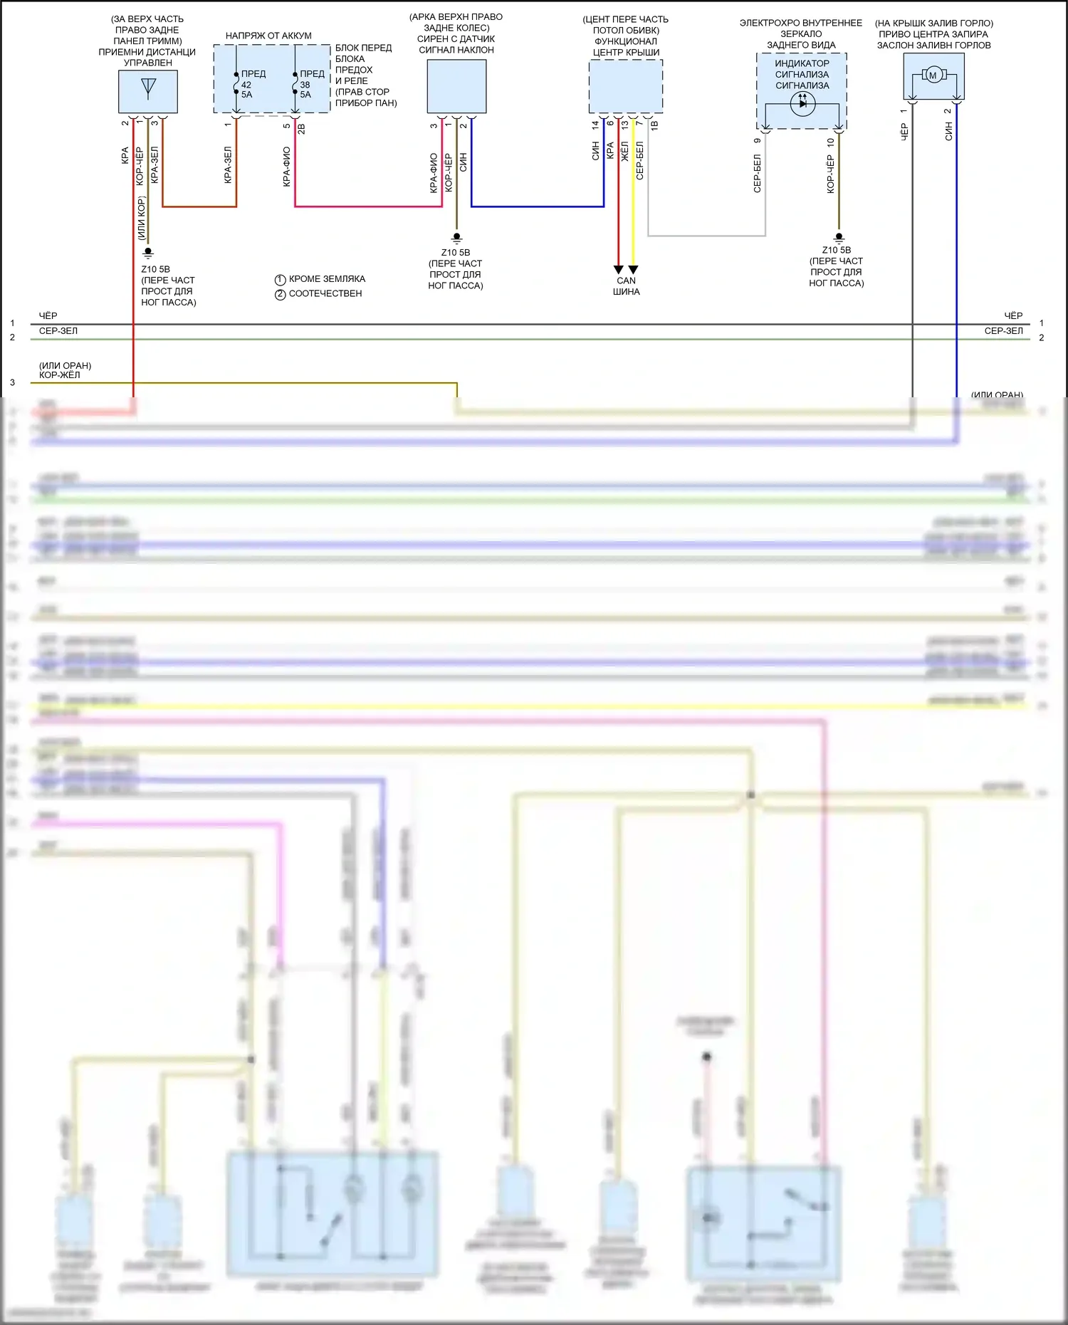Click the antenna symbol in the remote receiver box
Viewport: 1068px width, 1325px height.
coord(148,88)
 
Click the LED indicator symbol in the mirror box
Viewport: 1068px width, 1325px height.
coord(802,103)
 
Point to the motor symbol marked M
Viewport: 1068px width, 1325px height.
coord(933,75)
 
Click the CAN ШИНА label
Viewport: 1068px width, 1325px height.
coord(627,286)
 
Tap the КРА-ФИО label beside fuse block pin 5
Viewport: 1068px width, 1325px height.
coord(286,167)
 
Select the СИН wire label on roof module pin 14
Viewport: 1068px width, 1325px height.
coord(595,150)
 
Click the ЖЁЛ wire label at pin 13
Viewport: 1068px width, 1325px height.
coord(624,150)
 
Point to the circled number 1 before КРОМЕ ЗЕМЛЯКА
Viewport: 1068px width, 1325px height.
coord(281,280)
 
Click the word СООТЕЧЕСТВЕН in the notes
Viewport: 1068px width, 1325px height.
coord(325,293)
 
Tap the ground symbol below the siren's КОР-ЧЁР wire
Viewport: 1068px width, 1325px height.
coord(457,238)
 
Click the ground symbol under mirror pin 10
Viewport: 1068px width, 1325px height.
coord(839,237)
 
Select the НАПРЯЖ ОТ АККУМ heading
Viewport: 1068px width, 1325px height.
coord(268,36)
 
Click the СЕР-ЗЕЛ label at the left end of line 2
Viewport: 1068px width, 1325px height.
coord(58,331)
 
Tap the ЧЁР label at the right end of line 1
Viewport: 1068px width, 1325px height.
coord(1013,315)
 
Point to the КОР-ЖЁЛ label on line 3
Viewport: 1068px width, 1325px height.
coord(60,375)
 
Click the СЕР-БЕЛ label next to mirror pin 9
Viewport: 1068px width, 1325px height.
coord(757,174)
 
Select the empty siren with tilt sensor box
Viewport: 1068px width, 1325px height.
coord(456,86)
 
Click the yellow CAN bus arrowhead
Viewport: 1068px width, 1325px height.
coord(633,270)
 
